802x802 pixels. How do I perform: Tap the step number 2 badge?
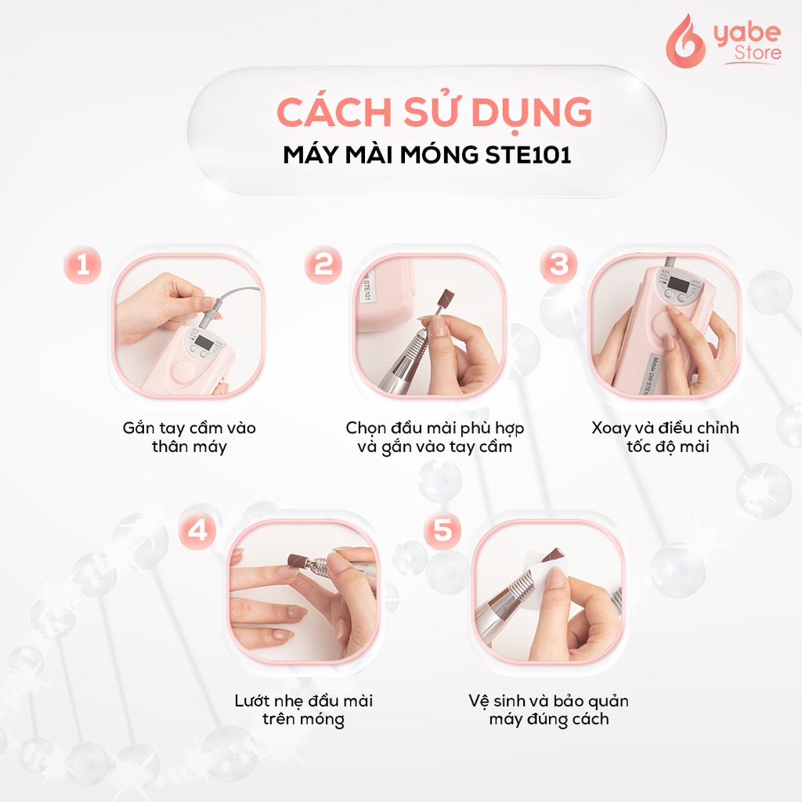pyautogui.click(x=323, y=266)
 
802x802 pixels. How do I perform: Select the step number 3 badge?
pyautogui.click(x=558, y=264)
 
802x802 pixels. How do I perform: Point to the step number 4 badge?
pyautogui.click(x=197, y=530)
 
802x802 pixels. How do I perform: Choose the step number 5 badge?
pyautogui.click(x=443, y=530)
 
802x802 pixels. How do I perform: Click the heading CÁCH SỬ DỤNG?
pyautogui.click(x=434, y=113)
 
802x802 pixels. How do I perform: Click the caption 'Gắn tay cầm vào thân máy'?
pyautogui.click(x=189, y=438)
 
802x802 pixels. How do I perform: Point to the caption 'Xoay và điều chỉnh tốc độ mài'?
pyautogui.click(x=665, y=438)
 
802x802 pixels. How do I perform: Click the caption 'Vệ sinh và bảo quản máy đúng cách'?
pyautogui.click(x=548, y=709)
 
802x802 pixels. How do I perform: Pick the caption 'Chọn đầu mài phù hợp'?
pyautogui.click(x=435, y=428)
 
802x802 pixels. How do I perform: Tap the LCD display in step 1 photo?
pyautogui.click(x=205, y=341)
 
